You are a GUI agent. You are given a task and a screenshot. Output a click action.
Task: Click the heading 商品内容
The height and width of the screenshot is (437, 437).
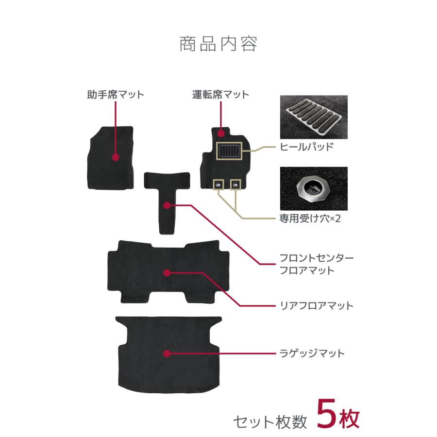[x=218, y=44]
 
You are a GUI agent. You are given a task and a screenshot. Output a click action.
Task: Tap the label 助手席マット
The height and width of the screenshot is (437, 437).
[x=116, y=95]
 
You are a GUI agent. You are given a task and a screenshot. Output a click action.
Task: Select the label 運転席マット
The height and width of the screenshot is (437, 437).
[x=220, y=95]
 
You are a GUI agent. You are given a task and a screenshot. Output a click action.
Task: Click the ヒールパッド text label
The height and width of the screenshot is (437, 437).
[x=306, y=147]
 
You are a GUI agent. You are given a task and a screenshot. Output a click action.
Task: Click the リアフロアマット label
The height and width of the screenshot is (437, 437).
[x=317, y=305]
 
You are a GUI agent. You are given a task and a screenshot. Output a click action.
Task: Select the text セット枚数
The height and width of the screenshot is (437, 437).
[x=270, y=420]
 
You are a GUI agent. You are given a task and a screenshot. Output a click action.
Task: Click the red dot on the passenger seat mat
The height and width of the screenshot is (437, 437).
[x=116, y=157]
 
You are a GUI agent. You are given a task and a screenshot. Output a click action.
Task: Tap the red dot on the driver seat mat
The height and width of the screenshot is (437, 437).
[x=221, y=133]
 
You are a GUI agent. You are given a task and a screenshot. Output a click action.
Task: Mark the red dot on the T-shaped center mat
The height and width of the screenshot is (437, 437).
[x=167, y=206]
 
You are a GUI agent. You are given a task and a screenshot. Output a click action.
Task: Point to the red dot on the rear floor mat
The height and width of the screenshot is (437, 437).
[x=167, y=273]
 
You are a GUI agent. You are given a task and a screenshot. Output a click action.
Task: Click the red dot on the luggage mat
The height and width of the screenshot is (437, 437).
[x=167, y=353]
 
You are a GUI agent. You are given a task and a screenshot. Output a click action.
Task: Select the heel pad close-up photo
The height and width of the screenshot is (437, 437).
[x=314, y=117]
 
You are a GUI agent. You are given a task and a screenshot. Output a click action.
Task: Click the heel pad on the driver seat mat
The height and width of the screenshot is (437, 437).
[x=228, y=151]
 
